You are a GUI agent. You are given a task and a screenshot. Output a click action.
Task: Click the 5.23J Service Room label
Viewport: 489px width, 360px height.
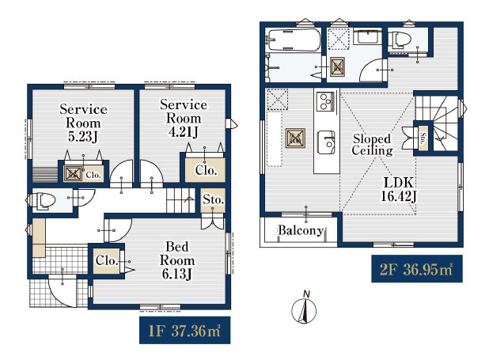coord(83,123)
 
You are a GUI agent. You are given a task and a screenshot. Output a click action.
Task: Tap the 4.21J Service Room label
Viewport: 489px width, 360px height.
coord(184,118)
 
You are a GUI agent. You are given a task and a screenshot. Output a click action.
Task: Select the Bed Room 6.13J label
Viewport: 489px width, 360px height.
coord(176,260)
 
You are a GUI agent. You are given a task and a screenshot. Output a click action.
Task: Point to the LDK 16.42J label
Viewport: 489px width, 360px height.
coord(399,189)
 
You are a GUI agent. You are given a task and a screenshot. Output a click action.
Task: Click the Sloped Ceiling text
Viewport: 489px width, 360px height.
coord(372,145)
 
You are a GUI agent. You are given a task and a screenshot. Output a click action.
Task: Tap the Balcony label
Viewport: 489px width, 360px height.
coord(301,230)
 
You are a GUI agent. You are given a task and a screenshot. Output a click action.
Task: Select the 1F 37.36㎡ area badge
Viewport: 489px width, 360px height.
coord(184,330)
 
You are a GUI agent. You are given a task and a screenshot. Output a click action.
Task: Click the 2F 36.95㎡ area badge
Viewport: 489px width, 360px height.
coord(417,269)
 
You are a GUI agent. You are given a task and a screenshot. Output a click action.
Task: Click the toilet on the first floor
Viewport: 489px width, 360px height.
coord(42,201)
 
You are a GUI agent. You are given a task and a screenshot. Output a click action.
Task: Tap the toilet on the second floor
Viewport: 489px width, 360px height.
coord(403,40)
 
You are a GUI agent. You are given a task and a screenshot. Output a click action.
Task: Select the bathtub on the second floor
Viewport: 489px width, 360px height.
coord(294,40)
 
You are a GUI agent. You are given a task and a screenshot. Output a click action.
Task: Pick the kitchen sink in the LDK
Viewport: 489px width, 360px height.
coord(326,142)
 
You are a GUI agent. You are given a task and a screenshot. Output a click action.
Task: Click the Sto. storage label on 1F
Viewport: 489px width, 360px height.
coord(213,199)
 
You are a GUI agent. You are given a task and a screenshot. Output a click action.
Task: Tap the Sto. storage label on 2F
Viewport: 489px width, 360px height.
coord(423,138)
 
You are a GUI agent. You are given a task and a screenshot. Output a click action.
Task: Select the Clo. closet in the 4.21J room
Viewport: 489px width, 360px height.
coord(206,170)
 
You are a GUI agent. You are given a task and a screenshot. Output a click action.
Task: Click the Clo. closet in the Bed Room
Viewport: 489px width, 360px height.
coord(107,261)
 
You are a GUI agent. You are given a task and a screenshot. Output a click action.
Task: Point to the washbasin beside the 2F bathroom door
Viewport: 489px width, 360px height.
coord(368,37)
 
